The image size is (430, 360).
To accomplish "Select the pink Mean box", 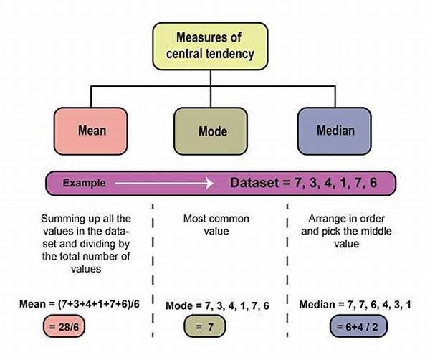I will [91, 131].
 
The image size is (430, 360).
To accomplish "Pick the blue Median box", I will [335, 131].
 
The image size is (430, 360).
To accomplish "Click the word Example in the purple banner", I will [84, 183].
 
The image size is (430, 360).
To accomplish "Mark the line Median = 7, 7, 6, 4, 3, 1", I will [345, 304].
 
